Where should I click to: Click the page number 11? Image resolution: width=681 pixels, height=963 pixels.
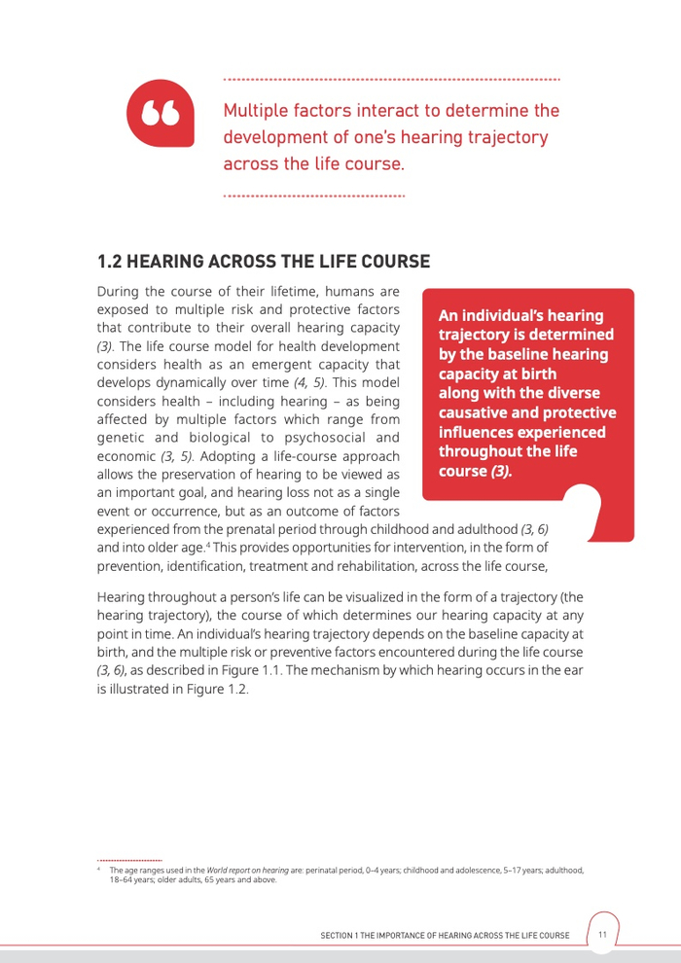point(602,935)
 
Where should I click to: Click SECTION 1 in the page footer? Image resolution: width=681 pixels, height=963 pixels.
point(341,936)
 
